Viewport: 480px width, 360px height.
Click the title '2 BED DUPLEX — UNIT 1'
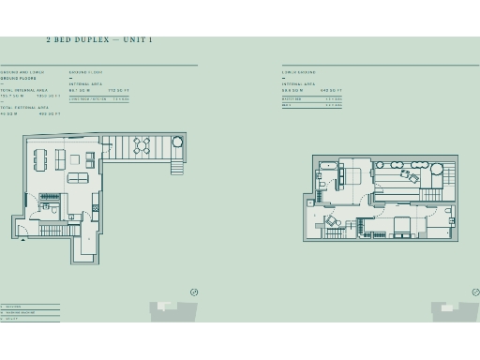98,40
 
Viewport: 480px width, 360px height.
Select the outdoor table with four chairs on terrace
142,145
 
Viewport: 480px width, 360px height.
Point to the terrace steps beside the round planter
175,167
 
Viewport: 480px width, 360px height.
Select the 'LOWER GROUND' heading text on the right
298,72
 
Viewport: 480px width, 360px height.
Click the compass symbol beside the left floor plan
194,292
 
